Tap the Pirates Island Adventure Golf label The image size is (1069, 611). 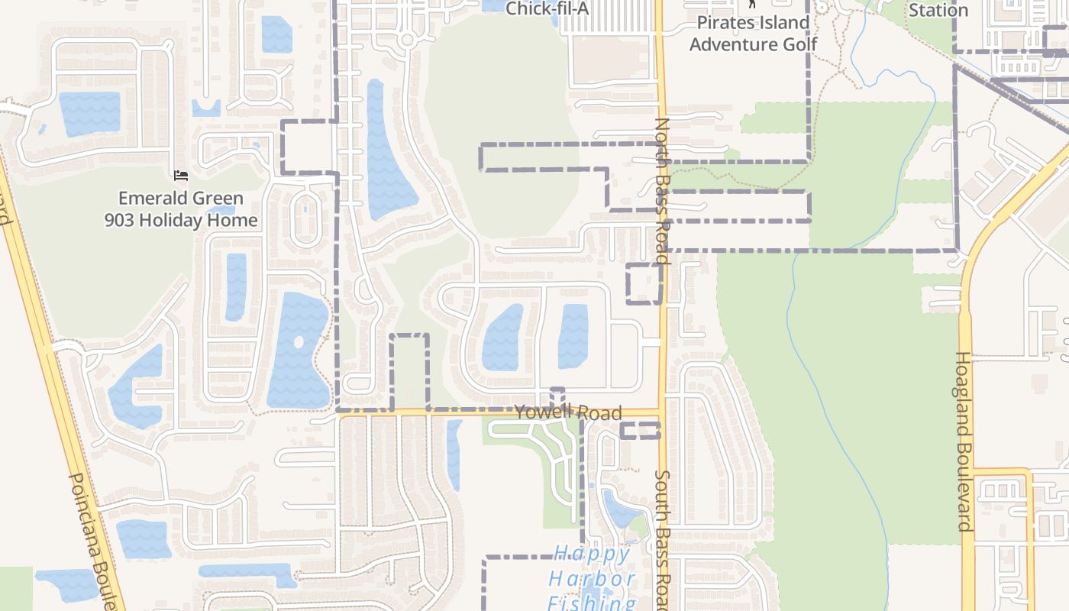[x=753, y=34]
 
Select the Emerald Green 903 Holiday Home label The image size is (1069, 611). [x=181, y=209]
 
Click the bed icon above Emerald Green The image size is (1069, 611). [x=181, y=176]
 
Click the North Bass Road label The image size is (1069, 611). [x=661, y=191]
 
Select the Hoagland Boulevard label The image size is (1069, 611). [x=964, y=441]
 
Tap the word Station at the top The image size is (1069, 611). [x=938, y=10]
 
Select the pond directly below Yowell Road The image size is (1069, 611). [x=454, y=454]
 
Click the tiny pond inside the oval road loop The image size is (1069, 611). [x=305, y=206]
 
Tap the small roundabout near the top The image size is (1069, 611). [x=407, y=40]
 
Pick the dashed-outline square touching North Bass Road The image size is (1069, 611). [x=644, y=283]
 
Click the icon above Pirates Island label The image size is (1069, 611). [x=752, y=4]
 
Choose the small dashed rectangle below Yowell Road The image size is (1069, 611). [x=639, y=430]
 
